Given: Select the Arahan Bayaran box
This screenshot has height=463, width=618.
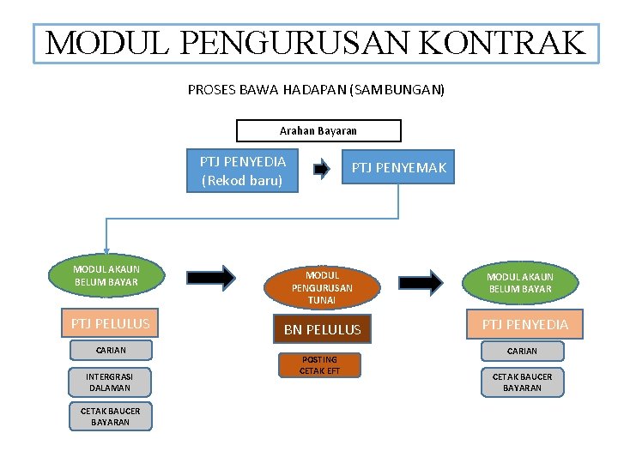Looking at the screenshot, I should (x=318, y=130).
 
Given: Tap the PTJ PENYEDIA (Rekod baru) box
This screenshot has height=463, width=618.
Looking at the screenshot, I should (x=242, y=171).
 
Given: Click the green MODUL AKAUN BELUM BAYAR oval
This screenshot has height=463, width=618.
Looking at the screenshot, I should (x=106, y=275).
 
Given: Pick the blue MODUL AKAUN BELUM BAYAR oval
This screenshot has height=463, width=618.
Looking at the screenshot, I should (x=520, y=282).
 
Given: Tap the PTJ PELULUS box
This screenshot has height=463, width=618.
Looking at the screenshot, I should (x=106, y=323).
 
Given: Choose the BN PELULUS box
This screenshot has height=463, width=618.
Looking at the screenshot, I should (x=322, y=329).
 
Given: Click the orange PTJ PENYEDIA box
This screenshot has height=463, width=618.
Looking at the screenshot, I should (x=524, y=324).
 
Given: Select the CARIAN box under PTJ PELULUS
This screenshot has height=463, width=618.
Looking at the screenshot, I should (x=111, y=350).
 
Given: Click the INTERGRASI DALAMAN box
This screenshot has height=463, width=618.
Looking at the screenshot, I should (x=110, y=382).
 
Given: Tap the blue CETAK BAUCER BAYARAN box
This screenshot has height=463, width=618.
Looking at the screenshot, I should (x=110, y=416).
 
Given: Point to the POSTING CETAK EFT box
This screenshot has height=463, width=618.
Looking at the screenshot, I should (x=319, y=365).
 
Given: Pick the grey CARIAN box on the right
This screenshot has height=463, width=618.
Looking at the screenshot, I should (x=522, y=351).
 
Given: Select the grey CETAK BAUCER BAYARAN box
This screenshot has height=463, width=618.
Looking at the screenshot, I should (x=522, y=382).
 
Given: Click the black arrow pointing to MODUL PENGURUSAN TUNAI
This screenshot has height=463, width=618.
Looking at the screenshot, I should (x=211, y=276).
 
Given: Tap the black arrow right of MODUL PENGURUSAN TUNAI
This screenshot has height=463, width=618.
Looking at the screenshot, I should (x=421, y=281).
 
